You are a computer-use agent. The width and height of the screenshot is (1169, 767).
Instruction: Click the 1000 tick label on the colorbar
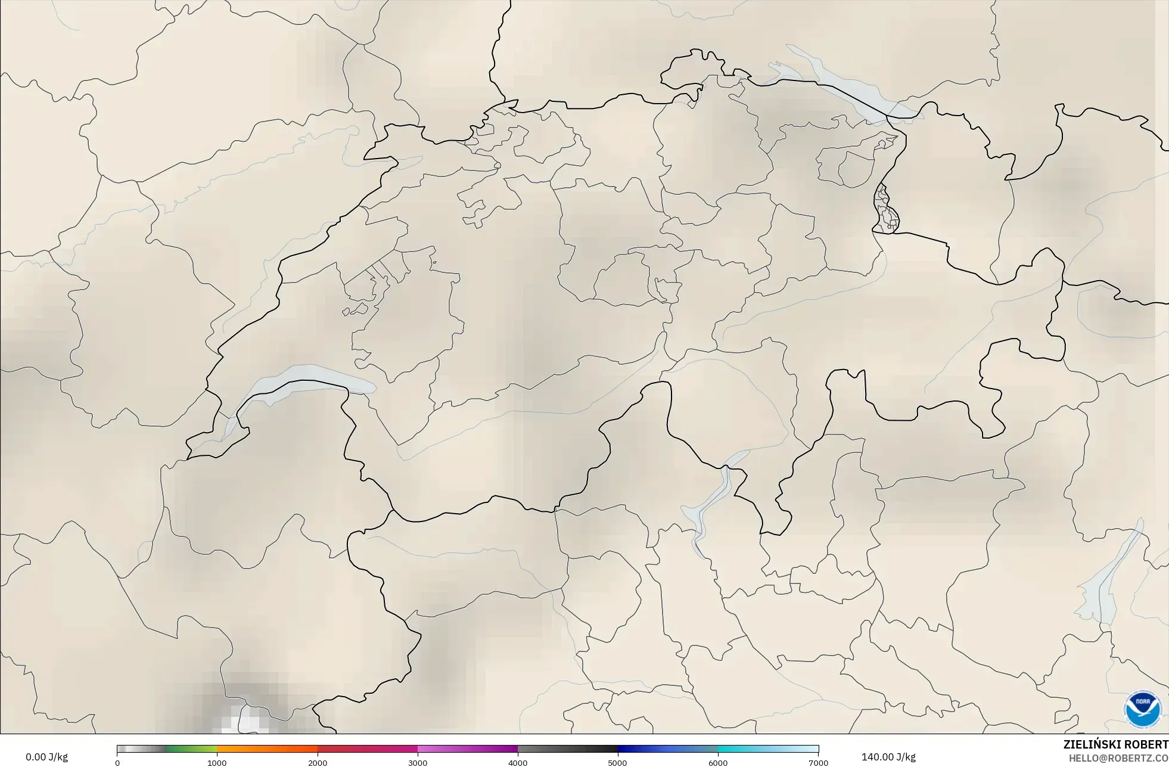point(217,762)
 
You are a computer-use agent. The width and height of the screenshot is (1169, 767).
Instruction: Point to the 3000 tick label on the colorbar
point(418,762)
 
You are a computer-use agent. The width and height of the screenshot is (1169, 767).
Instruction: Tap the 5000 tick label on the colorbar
point(618,762)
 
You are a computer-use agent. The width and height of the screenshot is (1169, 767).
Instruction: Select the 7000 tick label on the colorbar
point(818,762)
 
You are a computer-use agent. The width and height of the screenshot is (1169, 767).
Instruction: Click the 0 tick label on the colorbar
point(117,762)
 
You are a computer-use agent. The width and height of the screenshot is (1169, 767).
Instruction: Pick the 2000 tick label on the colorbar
point(318,762)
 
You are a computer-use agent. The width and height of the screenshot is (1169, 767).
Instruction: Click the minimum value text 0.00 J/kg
point(46,757)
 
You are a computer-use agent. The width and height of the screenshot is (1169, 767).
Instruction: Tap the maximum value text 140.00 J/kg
point(888,757)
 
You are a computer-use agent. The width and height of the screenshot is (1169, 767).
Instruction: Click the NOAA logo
point(1142,709)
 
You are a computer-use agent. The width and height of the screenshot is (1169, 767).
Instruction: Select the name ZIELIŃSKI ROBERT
point(1115,744)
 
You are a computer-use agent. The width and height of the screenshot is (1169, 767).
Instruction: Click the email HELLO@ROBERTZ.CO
point(1118,758)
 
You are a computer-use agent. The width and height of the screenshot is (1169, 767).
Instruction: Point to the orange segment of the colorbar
point(267,749)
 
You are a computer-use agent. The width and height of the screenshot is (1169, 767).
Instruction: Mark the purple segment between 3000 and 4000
point(468,749)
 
